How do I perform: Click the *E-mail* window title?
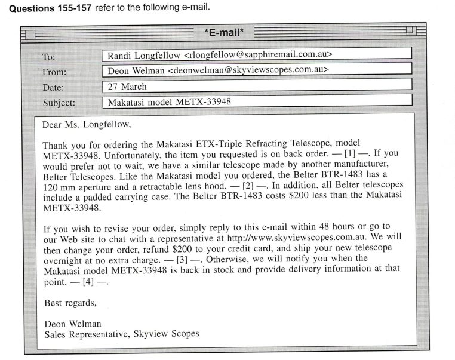click(227, 32)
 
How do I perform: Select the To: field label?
click(49, 57)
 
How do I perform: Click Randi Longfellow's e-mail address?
click(258, 55)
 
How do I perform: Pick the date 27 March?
click(128, 86)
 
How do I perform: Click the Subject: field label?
click(59, 102)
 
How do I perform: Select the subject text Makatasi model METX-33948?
click(169, 101)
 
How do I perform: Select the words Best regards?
click(70, 303)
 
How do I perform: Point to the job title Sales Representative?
click(87, 334)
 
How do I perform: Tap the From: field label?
click(54, 72)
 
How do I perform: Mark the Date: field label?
click(53, 88)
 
